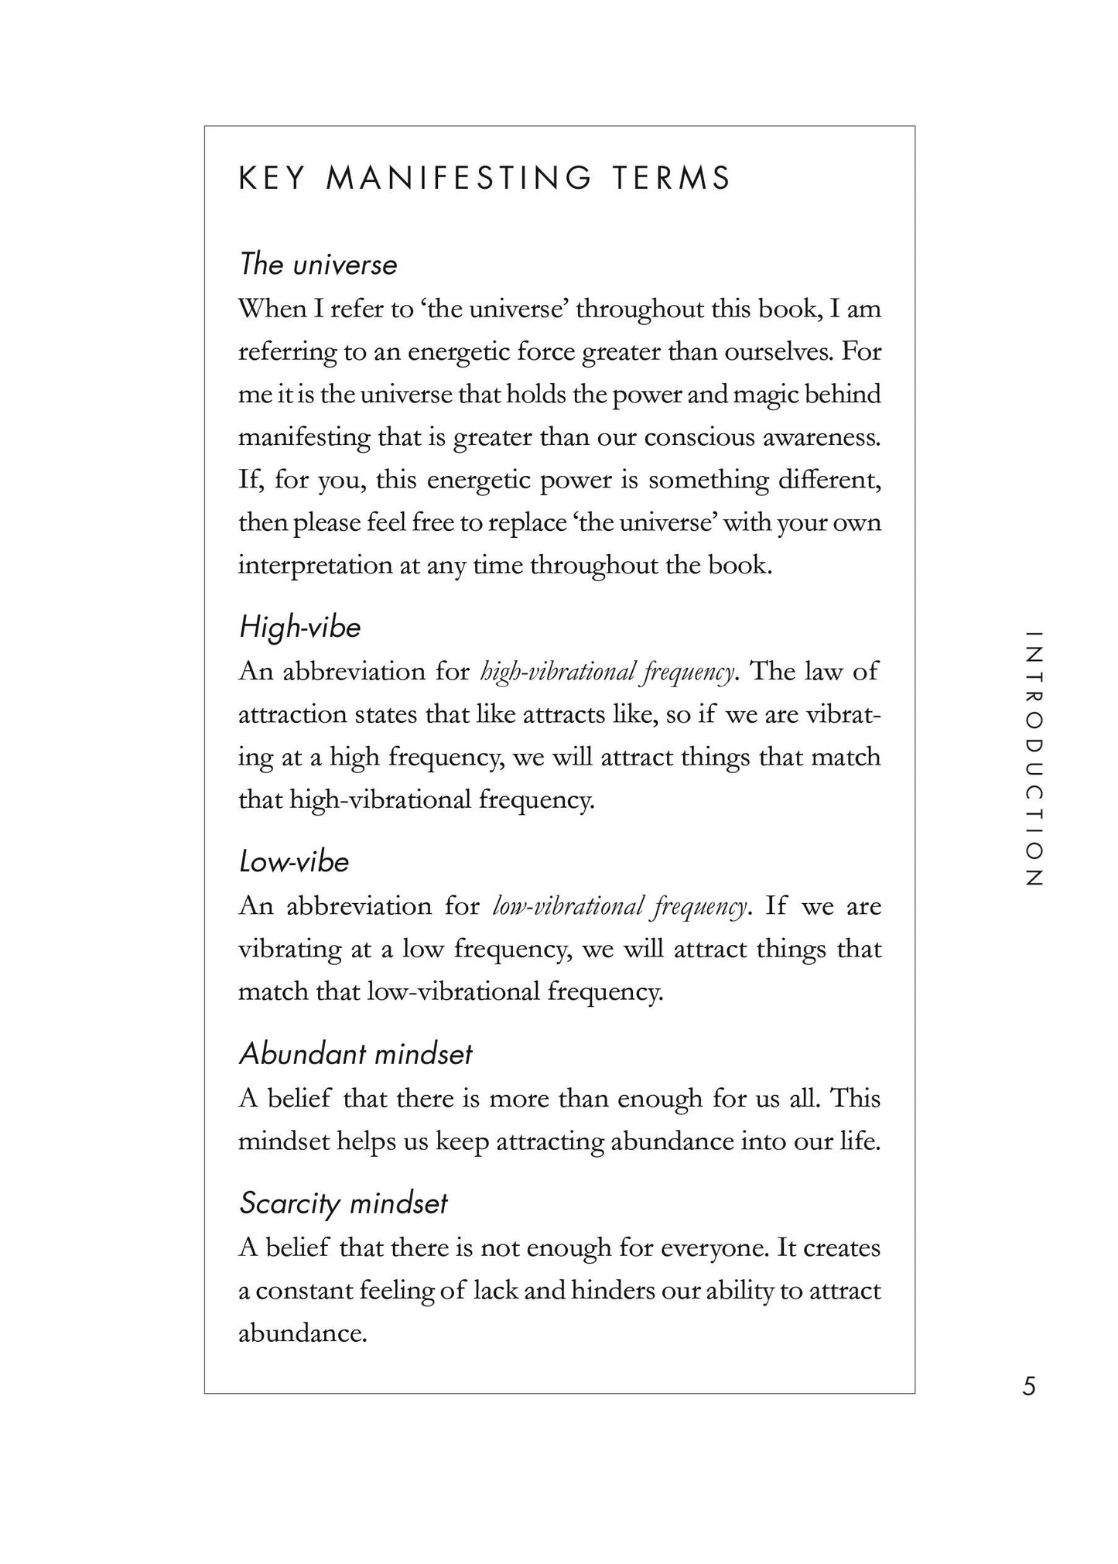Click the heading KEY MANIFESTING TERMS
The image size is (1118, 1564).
tap(484, 179)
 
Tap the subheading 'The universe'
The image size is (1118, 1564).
tap(318, 265)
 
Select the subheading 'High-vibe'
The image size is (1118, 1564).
tap(300, 627)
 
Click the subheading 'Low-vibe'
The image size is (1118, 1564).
tap(294, 862)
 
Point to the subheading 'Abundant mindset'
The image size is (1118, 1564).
tap(355, 1054)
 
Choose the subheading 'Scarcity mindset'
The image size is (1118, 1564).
tap(344, 1203)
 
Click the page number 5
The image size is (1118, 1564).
tap(1028, 1386)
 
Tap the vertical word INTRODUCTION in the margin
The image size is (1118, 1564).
tap(1034, 758)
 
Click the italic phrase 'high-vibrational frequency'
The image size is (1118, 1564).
tap(607, 672)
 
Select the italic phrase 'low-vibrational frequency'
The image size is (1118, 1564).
tap(620, 907)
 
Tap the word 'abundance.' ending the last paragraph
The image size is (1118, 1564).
tap(302, 1333)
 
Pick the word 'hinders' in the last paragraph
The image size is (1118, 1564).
tap(614, 1291)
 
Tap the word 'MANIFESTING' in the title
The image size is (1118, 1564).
tap(460, 179)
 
